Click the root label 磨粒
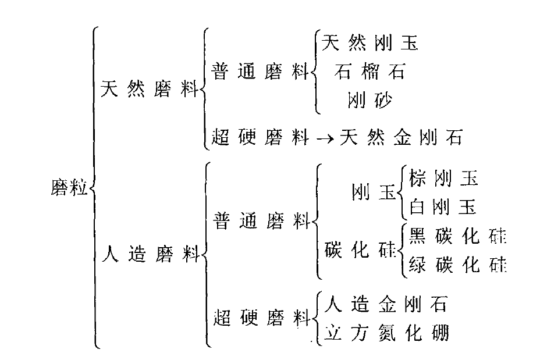(x=69, y=188)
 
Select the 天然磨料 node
(x=149, y=90)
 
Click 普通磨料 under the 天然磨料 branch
(x=259, y=72)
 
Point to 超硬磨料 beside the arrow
(x=260, y=138)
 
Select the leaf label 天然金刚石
(x=402, y=138)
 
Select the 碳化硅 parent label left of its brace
(x=358, y=250)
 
